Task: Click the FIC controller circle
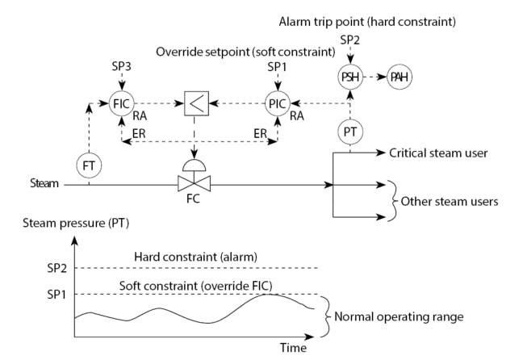tap(121, 103)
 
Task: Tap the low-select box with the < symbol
tap(195, 103)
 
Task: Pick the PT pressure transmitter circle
tap(349, 132)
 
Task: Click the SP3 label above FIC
tap(121, 63)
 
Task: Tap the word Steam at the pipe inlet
tap(44, 183)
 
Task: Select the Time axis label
tap(293, 348)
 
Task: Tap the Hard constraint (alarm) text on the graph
tap(187, 256)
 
